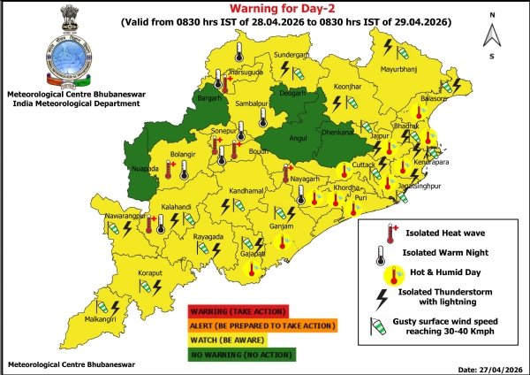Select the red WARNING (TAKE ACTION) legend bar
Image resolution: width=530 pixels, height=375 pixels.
(238, 310)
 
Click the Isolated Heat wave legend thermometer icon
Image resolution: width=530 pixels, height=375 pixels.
(388, 233)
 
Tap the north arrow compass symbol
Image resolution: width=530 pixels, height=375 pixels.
(490, 37)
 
